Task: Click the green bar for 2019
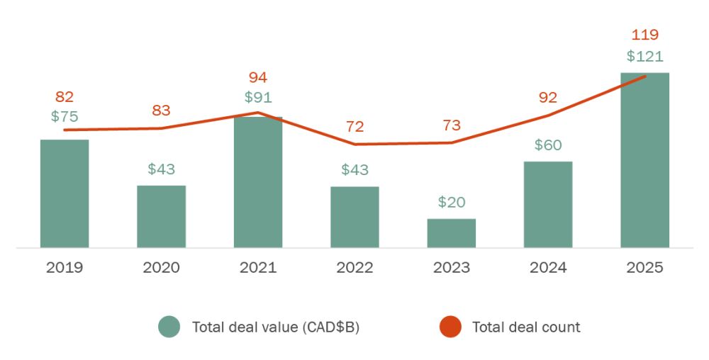(65, 193)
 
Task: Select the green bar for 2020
(161, 216)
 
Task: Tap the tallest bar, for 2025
(644, 160)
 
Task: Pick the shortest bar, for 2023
(452, 233)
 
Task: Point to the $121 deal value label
(644, 56)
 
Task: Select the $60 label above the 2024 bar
(548, 145)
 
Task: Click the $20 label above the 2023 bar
(452, 202)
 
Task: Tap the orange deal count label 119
(644, 35)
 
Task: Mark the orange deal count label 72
(354, 127)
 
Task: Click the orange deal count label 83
(161, 111)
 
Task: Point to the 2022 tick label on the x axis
(354, 268)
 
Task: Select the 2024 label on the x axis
(548, 268)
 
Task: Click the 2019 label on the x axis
(65, 268)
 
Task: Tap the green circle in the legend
(169, 327)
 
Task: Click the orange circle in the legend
(450, 327)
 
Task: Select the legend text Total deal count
(526, 327)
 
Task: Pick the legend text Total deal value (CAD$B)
(276, 327)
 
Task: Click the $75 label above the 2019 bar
(65, 117)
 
